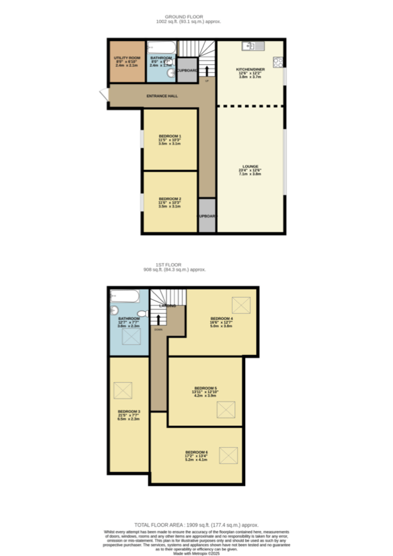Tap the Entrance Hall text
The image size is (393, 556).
162,97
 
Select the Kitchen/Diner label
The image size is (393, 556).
250,69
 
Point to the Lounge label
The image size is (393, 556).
250,166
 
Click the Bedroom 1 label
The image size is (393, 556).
170,136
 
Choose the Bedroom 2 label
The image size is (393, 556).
170,198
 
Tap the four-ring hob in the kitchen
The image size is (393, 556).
279,63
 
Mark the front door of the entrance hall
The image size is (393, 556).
104,97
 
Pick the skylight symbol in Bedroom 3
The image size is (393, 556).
123,390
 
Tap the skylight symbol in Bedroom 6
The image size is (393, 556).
229,456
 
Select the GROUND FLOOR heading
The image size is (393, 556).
189,16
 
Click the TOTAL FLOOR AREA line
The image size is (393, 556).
196,524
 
